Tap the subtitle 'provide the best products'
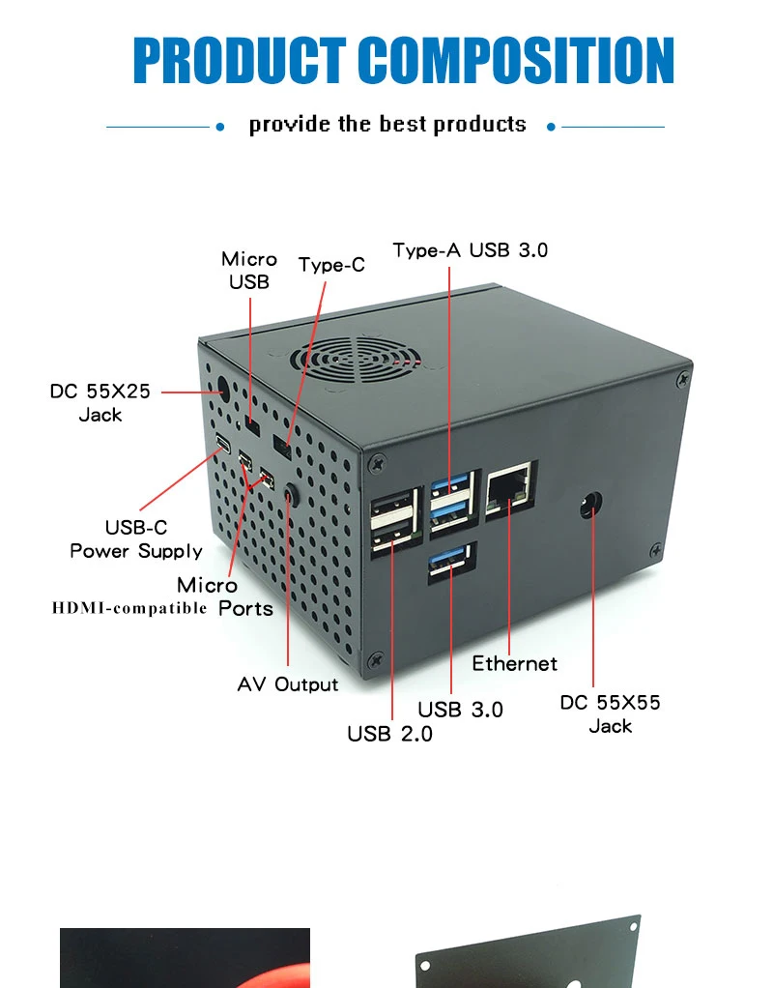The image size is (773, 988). tap(387, 125)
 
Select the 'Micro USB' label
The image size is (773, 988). tap(249, 271)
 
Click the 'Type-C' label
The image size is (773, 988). tap(331, 265)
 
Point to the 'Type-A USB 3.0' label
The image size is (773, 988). tap(471, 250)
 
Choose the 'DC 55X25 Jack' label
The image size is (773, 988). tap(100, 403)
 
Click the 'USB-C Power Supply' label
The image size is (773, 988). tap(136, 539)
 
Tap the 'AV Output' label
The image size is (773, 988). tap(288, 684)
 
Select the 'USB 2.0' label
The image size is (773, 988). tap(390, 735)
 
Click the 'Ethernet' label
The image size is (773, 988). tap(515, 664)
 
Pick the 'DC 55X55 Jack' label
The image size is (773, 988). tap(611, 714)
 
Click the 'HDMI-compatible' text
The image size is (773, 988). tap(129, 608)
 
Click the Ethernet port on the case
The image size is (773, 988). tap(508, 489)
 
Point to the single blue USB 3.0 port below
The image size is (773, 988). tap(450, 564)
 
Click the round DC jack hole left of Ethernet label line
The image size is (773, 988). tap(218, 392)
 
